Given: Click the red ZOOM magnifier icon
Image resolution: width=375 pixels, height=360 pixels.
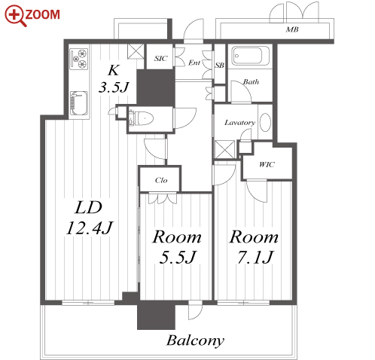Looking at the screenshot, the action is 16,16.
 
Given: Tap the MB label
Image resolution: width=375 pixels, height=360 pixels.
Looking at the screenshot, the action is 292,29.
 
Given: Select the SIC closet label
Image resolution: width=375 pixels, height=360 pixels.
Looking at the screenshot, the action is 160,59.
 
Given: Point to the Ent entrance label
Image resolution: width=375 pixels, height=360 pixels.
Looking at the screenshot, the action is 194,63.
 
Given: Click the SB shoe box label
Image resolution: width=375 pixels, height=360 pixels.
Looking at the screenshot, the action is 220,66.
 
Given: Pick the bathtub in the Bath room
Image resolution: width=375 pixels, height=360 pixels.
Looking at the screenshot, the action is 251,56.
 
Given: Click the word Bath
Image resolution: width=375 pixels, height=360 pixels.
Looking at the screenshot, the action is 251,82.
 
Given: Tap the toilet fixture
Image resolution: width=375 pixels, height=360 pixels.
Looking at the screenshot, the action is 141,118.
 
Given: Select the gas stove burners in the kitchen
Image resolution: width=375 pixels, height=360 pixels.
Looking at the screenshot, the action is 79,59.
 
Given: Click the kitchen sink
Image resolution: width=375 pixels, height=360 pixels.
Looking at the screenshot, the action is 79,103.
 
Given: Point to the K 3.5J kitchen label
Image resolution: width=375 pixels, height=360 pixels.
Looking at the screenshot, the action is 114,78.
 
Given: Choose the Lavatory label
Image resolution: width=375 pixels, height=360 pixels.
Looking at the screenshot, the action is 239,123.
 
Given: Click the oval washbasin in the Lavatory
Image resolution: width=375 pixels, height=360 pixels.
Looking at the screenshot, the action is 265,122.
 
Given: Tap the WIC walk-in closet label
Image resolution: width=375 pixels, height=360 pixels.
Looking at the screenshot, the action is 267,165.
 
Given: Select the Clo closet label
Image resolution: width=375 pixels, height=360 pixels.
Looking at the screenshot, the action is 161,180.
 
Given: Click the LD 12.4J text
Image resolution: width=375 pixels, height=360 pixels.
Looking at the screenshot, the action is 89,218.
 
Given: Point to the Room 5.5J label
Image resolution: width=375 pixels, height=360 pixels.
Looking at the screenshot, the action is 177,247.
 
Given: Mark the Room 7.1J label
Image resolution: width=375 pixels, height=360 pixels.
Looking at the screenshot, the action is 254,247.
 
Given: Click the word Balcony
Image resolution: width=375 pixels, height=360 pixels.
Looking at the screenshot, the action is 195,341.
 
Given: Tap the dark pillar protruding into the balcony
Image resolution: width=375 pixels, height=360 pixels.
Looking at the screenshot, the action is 156,315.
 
